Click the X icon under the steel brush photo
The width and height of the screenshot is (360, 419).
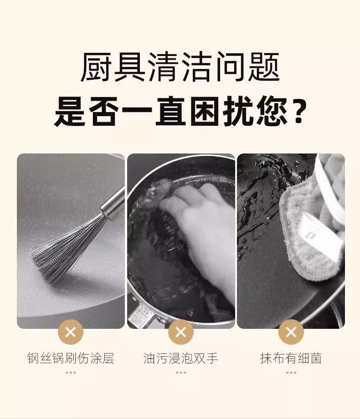tap(71, 332)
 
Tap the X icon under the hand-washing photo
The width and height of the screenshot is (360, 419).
tap(181, 332)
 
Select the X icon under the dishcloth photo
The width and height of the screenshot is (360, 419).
tap(291, 332)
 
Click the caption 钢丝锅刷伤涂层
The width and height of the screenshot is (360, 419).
tap(71, 358)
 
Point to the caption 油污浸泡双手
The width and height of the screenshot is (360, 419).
tap(181, 358)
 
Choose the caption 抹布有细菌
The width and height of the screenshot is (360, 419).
tap(291, 358)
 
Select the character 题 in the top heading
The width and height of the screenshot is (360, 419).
tap(264, 66)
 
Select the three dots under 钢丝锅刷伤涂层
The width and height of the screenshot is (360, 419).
tap(71, 373)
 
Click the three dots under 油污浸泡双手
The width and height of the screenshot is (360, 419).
tap(181, 373)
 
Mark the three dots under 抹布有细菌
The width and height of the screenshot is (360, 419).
tap(291, 373)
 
